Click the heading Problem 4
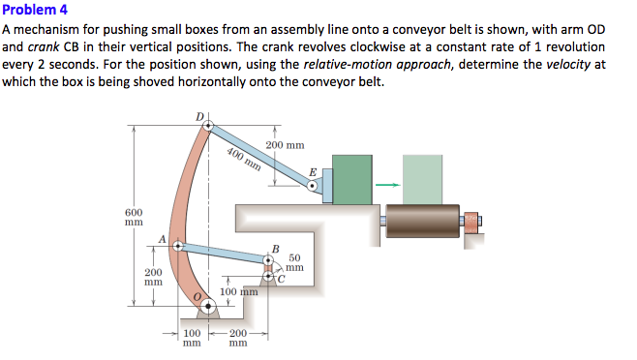tap(33, 12)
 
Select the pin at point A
tap(176, 246)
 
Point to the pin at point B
tap(270, 259)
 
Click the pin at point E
tap(312, 187)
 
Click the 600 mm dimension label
tap(134, 217)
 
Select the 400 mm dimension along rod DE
tap(244, 157)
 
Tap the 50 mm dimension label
tap(294, 263)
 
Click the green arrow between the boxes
tap(388, 185)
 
